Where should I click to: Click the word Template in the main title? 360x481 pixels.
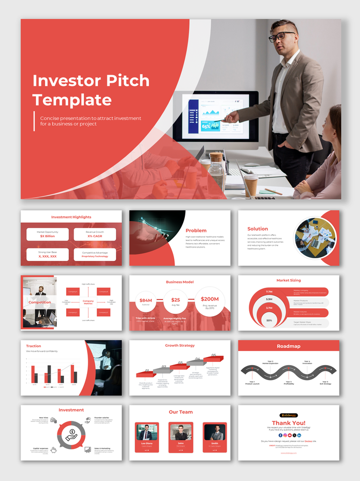click(72, 100)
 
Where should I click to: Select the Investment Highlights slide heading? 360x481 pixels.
click(71, 217)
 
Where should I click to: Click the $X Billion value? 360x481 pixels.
click(47, 236)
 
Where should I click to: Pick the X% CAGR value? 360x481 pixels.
click(95, 236)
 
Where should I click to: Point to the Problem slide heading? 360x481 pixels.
click(196, 230)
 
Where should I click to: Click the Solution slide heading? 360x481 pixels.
click(257, 229)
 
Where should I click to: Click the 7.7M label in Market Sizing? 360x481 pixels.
click(269, 292)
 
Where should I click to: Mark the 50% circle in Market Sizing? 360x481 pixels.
click(269, 320)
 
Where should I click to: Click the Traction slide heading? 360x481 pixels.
click(33, 346)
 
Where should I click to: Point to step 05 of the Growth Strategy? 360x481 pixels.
click(213, 355)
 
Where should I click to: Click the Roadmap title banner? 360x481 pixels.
click(289, 346)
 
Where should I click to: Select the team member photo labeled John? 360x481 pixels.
click(180, 433)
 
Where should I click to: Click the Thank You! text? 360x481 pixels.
click(289, 423)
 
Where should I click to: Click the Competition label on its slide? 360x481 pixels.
click(40, 302)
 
